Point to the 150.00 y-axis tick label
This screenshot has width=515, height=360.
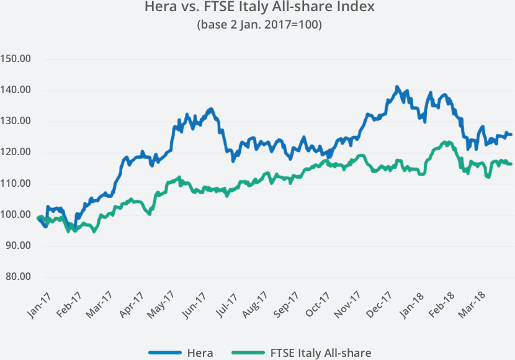[17, 60]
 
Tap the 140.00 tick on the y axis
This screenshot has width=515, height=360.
[17, 91]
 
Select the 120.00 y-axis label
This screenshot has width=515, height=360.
[17, 153]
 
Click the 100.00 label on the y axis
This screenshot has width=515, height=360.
[17, 215]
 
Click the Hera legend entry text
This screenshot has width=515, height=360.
[200, 353]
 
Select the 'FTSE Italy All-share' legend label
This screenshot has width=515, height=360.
[321, 353]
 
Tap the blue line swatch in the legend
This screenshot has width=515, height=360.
[164, 353]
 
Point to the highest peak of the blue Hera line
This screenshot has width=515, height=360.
[397, 88]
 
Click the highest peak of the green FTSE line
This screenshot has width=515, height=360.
[446, 142]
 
